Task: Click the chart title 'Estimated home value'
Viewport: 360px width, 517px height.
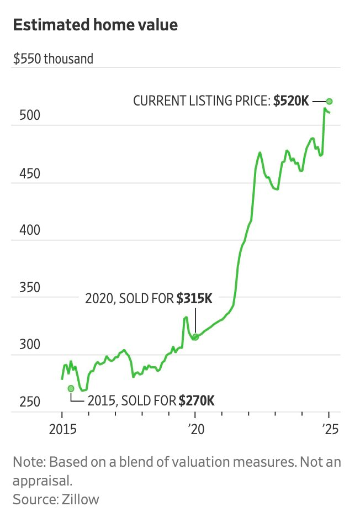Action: click(x=96, y=25)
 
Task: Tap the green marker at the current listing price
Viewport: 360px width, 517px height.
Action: click(x=329, y=101)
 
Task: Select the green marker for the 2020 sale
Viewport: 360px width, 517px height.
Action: click(x=195, y=336)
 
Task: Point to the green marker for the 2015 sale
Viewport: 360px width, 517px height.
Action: click(x=71, y=388)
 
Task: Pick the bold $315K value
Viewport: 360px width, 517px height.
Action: click(x=194, y=299)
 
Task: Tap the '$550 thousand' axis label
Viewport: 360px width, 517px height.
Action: click(x=54, y=59)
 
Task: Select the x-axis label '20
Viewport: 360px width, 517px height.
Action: click(x=195, y=428)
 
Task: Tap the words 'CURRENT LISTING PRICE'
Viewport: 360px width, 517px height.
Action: click(x=201, y=102)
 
